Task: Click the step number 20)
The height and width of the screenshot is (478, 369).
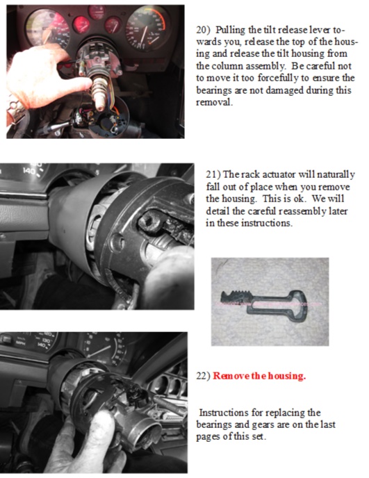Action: [x=205, y=31]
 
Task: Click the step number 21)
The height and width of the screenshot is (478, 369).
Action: [x=215, y=174]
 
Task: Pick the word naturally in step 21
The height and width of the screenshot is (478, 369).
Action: [x=331, y=174]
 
